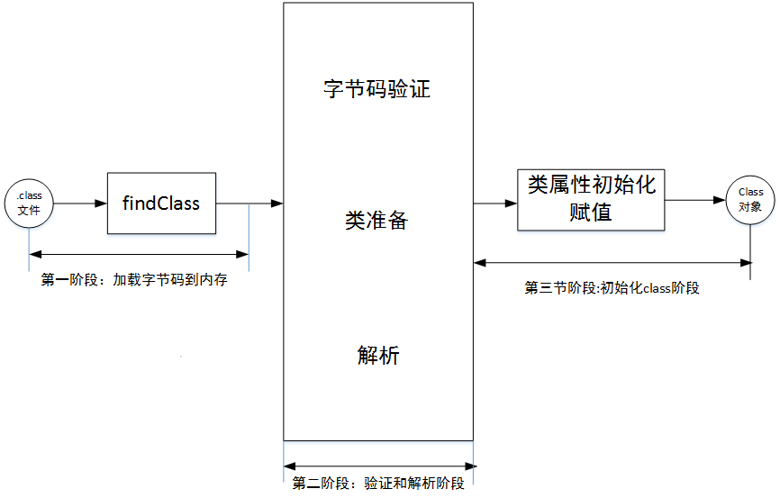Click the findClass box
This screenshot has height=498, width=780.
[x=161, y=204]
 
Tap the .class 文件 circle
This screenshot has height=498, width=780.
[x=29, y=203]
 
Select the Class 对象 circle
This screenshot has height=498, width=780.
[x=750, y=198]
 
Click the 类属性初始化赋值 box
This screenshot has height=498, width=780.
[x=592, y=199]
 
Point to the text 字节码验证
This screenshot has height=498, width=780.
[x=377, y=90]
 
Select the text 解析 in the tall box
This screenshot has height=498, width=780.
[x=377, y=356]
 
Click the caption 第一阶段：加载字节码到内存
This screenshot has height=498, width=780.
[x=134, y=280]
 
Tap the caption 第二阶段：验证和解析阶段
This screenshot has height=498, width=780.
[x=378, y=484]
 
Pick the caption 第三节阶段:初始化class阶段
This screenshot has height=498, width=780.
[x=612, y=288]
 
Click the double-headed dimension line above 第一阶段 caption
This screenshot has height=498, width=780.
[x=139, y=255]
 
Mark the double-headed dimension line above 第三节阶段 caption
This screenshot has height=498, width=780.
[x=612, y=262]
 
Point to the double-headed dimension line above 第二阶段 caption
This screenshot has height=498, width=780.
[x=378, y=466]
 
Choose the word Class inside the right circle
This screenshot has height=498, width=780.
[x=750, y=192]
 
